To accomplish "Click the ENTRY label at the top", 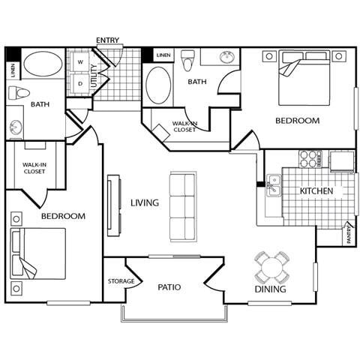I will click(x=109, y=40).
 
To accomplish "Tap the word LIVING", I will click(x=144, y=202).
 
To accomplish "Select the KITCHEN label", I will click(x=316, y=191).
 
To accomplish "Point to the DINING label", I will click(x=270, y=289).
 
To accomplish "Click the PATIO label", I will click(x=169, y=286).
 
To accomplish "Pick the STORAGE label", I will click(x=121, y=281).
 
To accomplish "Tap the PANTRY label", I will click(x=349, y=236).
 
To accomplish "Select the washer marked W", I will click(x=80, y=62).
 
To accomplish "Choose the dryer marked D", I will click(x=80, y=83).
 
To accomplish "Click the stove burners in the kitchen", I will click(x=310, y=158).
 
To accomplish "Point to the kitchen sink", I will click(x=274, y=185).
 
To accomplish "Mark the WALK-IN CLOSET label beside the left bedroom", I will click(x=34, y=167).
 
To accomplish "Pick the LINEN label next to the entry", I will click(x=163, y=55).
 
